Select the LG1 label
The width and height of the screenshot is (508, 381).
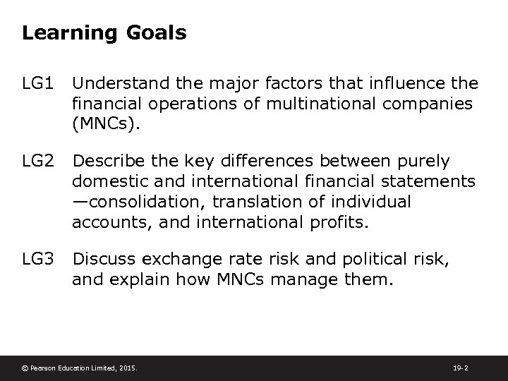click(x=38, y=84)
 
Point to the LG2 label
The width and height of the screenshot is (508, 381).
click(x=38, y=162)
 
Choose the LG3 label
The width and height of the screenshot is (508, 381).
click(x=38, y=259)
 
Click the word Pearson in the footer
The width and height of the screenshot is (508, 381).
click(x=44, y=368)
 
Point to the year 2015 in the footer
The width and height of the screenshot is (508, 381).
click(x=128, y=368)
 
